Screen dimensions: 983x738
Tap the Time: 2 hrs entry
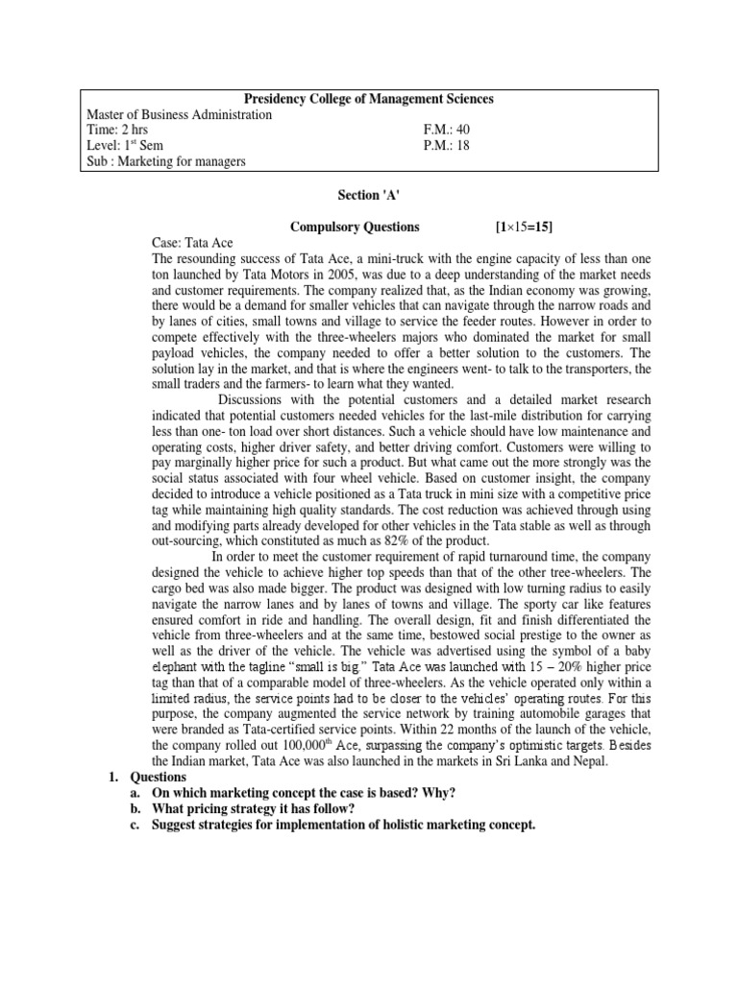click(x=117, y=130)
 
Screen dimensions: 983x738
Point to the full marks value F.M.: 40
click(x=447, y=130)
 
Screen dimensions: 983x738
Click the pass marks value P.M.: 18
click(x=447, y=145)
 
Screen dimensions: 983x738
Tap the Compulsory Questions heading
click(x=355, y=227)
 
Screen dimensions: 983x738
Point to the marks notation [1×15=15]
click(x=524, y=227)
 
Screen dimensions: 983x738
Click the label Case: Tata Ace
click(x=192, y=243)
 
